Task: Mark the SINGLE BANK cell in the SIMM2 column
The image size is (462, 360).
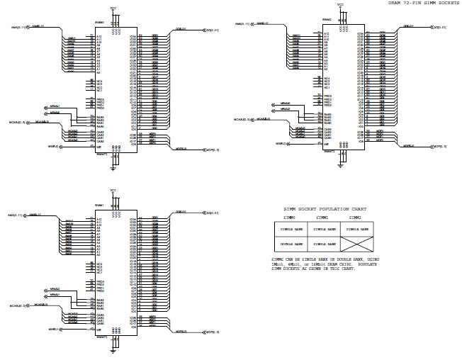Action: coord(358,229)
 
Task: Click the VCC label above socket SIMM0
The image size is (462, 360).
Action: coord(113,9)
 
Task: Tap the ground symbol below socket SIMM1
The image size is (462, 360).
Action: coord(113,350)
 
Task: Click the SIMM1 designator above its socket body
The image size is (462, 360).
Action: coord(100,206)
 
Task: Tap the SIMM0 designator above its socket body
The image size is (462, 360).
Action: coord(100,22)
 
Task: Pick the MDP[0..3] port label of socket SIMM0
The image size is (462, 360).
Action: coord(210,150)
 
